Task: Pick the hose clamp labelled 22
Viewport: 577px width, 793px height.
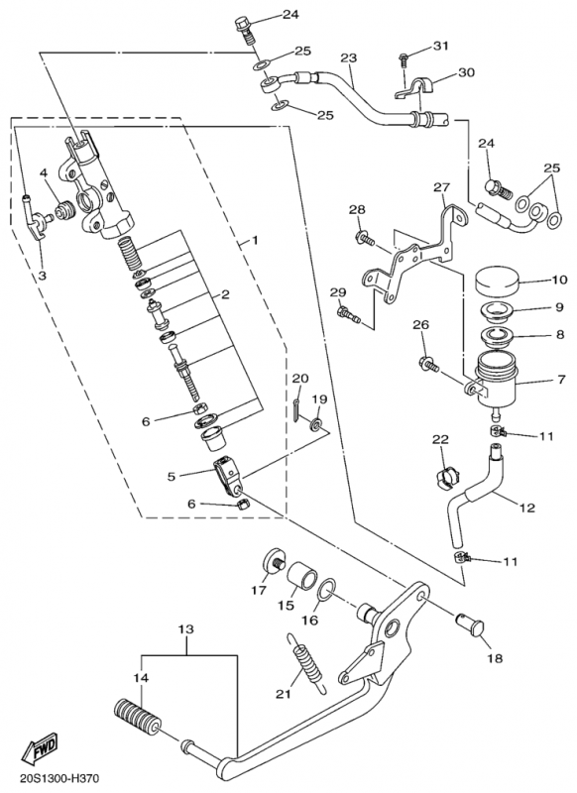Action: (446, 478)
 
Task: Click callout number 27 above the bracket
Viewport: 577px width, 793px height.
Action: (441, 187)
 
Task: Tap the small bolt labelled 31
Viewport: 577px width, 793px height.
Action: (404, 59)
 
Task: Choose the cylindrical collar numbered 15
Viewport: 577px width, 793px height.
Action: (303, 575)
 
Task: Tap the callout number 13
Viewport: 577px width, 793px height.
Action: (186, 629)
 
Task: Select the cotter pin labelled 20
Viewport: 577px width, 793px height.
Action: (294, 408)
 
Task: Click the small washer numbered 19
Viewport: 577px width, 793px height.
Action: (317, 423)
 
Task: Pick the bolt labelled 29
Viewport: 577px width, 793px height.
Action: (348, 313)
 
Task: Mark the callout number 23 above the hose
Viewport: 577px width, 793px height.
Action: (348, 57)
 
